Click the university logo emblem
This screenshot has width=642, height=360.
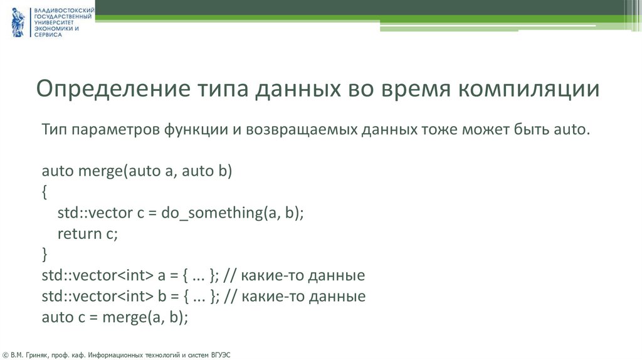click(x=18, y=23)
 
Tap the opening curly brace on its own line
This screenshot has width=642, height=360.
click(x=45, y=192)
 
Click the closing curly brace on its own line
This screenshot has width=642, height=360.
click(x=45, y=254)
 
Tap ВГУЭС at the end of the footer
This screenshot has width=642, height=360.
click(x=220, y=355)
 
